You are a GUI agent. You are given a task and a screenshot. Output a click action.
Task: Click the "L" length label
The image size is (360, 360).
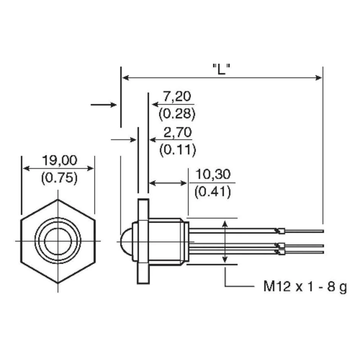221,68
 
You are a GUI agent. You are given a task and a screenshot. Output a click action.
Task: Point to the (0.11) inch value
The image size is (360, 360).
177,149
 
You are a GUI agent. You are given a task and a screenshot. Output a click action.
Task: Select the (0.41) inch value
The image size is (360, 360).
212,192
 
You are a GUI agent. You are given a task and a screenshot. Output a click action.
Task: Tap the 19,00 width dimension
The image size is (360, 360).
59,161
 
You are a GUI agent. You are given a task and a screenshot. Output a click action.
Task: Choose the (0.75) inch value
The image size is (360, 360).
59,178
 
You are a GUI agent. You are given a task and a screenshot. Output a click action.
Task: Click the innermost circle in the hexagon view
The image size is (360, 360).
58,241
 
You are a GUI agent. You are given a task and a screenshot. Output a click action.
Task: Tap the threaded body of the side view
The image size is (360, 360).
166,241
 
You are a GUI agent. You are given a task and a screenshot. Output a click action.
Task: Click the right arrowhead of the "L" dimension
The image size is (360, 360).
319,77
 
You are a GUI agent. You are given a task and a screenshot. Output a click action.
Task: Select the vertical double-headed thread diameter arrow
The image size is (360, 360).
225,242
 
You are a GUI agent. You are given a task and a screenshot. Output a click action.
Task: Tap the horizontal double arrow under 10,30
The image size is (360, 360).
168,183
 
